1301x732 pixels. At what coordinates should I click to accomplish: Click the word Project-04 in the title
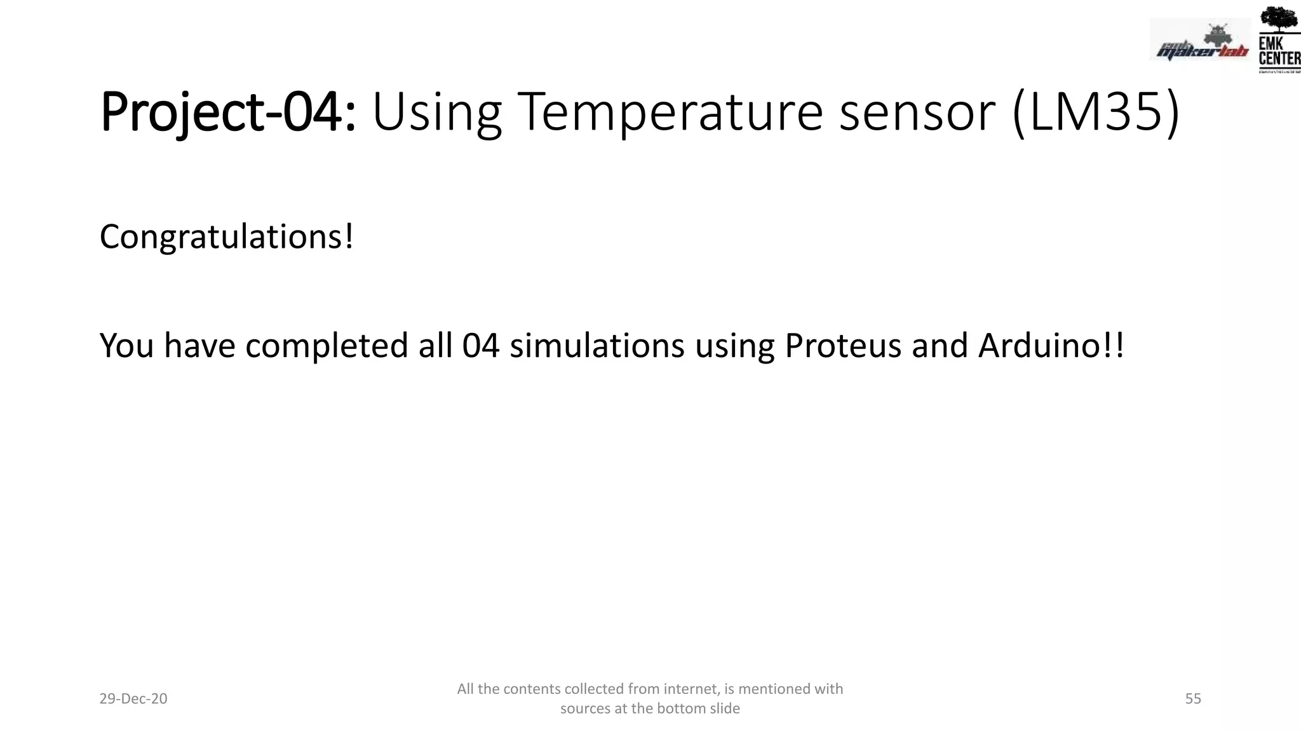[x=227, y=112]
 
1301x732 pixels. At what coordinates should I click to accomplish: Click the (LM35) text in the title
[x=1096, y=112]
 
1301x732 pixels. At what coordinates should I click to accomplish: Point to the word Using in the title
[x=436, y=112]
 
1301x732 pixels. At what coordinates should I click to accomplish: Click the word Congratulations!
[x=226, y=237]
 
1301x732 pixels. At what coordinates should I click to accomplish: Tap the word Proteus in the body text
[x=842, y=346]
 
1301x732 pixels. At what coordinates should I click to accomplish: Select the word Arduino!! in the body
[x=1051, y=346]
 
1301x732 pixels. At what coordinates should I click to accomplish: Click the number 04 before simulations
[x=480, y=346]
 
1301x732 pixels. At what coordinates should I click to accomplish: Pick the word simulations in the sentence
[x=597, y=346]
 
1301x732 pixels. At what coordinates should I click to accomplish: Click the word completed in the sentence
[x=327, y=346]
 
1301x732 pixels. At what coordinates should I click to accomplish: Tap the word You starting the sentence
[x=126, y=346]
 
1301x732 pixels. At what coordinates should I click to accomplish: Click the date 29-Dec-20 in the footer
[x=133, y=699]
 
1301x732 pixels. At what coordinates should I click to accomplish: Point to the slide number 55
[x=1193, y=699]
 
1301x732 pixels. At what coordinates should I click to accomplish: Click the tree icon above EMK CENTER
[x=1278, y=19]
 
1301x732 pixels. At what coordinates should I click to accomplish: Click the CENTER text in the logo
[x=1279, y=58]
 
